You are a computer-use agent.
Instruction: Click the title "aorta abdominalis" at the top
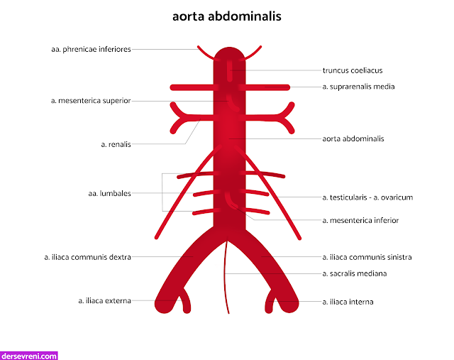pos(226,15)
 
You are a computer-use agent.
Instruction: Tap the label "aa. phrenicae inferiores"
pos(91,49)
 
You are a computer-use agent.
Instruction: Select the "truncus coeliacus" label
pos(353,70)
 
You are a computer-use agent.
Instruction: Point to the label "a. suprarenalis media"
pos(358,87)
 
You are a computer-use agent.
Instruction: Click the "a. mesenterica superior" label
pos(91,101)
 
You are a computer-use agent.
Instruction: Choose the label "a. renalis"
pos(116,144)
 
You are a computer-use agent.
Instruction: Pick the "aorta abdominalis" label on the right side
pos(353,138)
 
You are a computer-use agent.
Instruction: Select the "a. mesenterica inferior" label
pos(360,220)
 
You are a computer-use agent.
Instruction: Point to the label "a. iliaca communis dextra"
pos(87,257)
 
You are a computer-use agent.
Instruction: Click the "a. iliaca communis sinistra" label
pos(367,257)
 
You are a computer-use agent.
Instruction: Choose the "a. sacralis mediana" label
pos(354,273)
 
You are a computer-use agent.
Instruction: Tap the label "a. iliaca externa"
pos(104,301)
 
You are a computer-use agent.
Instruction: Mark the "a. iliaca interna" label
pos(348,302)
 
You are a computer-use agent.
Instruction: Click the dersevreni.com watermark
pos(29,355)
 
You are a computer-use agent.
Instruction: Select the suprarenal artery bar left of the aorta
pos(192,87)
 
